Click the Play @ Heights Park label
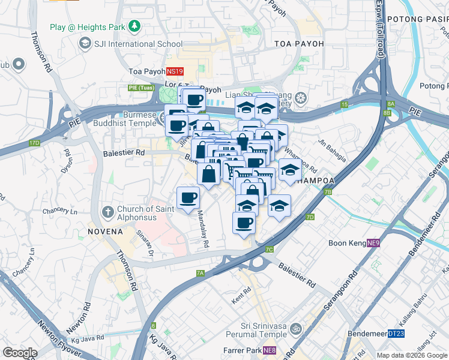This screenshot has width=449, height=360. point(87,26)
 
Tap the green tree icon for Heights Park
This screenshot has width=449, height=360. point(136,26)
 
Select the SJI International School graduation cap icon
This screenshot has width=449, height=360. point(86,44)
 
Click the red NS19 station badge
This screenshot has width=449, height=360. point(175,71)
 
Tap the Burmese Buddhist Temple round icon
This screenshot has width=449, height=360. point(164,118)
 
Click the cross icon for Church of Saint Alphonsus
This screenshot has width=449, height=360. point(108,211)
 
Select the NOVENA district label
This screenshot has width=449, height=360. point(105,231)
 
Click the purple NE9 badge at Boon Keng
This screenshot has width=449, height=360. point(373,243)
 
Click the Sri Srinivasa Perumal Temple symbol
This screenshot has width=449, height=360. point(295,329)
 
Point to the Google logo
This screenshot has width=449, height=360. point(20,353)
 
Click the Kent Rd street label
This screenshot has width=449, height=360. point(241,298)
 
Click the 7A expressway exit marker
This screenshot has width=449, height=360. point(200,273)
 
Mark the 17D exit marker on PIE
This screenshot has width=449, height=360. point(34,143)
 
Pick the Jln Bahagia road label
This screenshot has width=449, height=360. point(332,150)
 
